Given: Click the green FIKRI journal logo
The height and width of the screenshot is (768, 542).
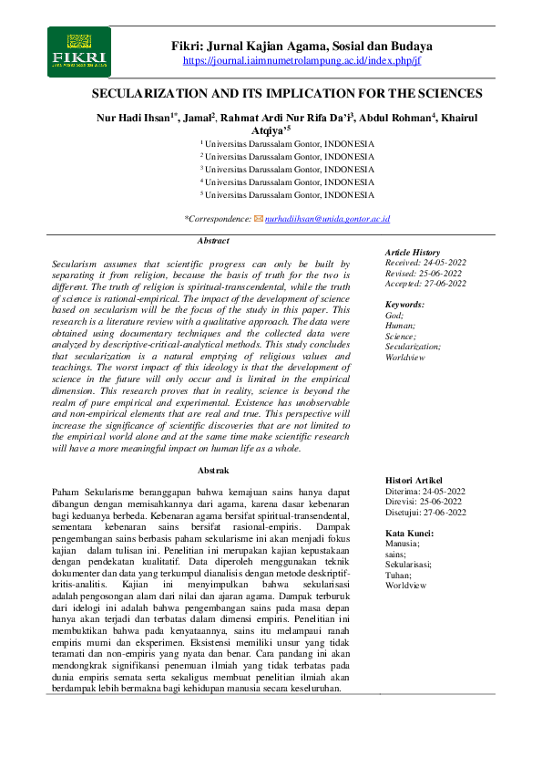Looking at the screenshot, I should (78, 51).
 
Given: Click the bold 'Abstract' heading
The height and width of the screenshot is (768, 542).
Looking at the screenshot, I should (213, 241).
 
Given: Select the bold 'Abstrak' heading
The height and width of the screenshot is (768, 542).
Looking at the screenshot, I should (213, 470).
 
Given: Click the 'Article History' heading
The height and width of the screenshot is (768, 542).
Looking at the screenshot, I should (413, 253).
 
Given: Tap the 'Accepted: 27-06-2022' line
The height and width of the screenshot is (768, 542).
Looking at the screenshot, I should (424, 283).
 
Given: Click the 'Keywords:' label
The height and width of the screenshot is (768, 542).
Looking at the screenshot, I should (404, 305).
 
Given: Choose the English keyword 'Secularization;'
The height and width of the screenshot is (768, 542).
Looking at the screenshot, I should (413, 347).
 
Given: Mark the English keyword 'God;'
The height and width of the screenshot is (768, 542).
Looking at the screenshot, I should (394, 315).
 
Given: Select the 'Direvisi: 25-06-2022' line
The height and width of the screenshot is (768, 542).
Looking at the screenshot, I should (423, 501).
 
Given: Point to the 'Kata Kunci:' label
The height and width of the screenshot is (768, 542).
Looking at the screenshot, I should (410, 533).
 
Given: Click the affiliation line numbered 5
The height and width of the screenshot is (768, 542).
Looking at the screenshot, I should (288, 195).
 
